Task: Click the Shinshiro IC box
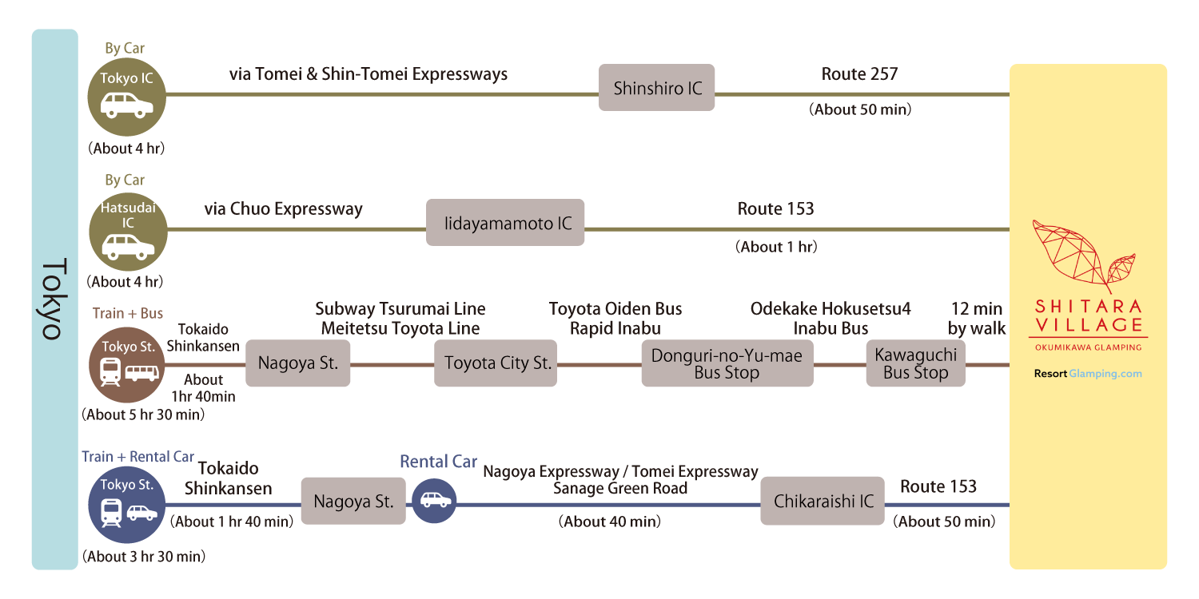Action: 657,89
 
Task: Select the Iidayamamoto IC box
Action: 505,223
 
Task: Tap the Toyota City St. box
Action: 496,363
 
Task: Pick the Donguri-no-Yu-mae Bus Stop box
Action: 727,363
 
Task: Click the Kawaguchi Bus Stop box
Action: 915,363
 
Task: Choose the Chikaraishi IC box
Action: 823,501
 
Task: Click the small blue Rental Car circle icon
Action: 436,501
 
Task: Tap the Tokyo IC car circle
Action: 127,95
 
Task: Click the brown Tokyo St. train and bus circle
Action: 127,364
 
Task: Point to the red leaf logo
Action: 1083,256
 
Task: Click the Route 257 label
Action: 860,74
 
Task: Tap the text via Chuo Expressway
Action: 283,209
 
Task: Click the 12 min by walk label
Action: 976,318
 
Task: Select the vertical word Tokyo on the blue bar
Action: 53,299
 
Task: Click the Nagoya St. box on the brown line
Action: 297,363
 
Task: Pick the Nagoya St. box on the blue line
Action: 353,501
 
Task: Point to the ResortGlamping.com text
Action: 1088,373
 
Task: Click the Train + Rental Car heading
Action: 137,457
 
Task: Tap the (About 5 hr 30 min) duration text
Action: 143,415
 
